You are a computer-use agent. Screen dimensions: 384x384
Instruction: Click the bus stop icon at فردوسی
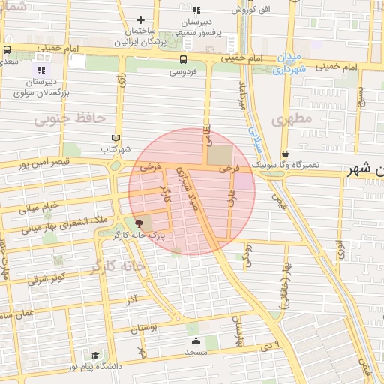tap(184, 59)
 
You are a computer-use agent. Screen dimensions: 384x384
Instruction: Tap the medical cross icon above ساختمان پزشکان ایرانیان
tap(140, 20)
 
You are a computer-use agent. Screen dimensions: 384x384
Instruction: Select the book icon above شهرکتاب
tap(115, 137)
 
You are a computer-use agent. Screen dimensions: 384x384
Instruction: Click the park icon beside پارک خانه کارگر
tap(138, 223)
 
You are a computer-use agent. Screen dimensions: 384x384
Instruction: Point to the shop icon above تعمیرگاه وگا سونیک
tap(286, 154)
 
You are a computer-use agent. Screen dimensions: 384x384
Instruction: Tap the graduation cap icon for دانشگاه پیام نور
tap(95, 355)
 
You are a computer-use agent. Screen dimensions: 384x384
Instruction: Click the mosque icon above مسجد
tap(196, 341)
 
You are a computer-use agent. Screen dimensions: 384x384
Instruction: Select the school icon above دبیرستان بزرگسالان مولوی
tap(42, 70)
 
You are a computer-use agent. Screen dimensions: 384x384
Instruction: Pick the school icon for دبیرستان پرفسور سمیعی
tap(196, 10)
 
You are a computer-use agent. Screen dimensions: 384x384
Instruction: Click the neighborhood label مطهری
tap(291, 118)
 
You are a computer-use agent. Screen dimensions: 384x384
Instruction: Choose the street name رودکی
tap(249, 253)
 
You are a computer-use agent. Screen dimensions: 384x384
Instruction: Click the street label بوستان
tap(145, 328)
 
